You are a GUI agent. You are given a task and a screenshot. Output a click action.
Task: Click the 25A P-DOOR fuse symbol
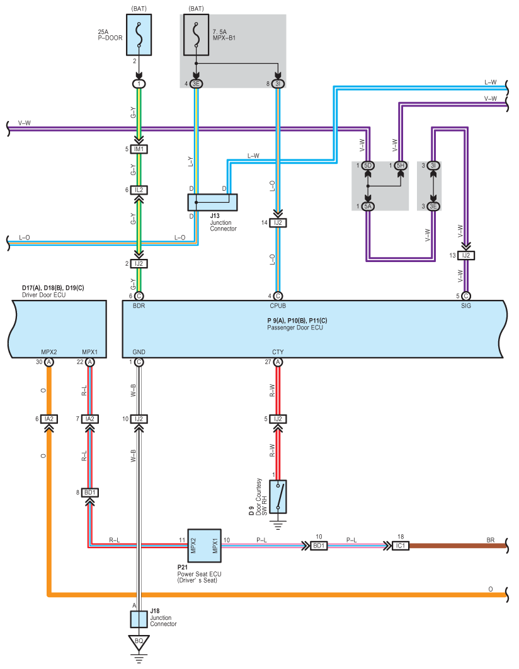point(139,38)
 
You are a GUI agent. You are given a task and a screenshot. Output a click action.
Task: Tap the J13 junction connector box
point(212,202)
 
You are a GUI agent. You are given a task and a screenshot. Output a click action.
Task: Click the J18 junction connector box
point(139,619)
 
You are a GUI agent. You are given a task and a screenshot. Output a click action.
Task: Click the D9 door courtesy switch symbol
point(278,495)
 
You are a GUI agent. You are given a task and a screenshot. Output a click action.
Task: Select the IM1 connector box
point(139,149)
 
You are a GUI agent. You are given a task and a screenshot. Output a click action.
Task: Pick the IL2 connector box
point(139,190)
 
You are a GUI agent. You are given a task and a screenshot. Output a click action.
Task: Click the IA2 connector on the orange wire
point(48,419)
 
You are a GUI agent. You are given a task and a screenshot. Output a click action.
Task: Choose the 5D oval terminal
point(368,166)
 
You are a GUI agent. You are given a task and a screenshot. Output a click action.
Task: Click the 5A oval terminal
point(368,206)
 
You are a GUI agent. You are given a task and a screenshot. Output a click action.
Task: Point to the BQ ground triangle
point(139,644)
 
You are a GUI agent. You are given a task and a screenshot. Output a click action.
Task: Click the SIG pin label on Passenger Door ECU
point(466,306)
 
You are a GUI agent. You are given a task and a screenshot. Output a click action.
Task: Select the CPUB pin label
point(278,306)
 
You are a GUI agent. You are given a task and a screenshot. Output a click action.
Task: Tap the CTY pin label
point(278,352)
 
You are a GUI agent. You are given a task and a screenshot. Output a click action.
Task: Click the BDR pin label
point(139,306)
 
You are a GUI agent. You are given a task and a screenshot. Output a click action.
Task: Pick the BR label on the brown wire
point(491,540)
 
